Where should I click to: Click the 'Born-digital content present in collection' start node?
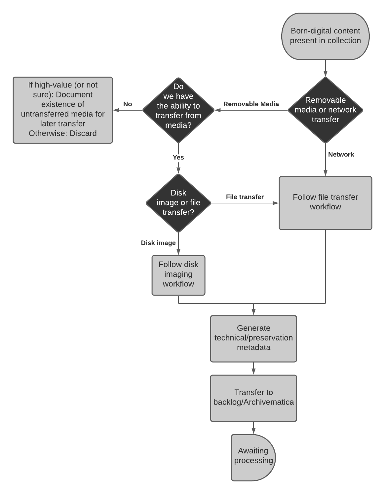tap(325, 36)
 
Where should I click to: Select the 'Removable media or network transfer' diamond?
tap(325, 110)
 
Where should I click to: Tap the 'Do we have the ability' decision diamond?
tap(178, 110)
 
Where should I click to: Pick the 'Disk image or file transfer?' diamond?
tap(178, 203)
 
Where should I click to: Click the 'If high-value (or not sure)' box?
tap(63, 110)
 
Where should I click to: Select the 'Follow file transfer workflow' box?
tap(325, 203)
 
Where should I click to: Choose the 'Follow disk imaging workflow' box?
tap(178, 275)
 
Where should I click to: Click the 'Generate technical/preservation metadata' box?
tap(253, 338)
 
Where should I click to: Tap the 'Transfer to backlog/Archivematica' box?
tap(253, 398)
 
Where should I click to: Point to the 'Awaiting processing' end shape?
tap(253, 457)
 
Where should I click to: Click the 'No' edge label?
tap(128, 104)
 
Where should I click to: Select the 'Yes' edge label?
tap(178, 157)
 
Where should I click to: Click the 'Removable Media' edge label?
tap(251, 104)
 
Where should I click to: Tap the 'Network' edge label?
tap(341, 154)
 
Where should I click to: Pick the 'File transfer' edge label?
tap(245, 197)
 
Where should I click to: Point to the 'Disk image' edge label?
tap(158, 243)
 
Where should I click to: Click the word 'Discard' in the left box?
tap(83, 133)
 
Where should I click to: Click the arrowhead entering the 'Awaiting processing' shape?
tap(253, 431)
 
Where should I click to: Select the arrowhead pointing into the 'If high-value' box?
tap(116, 110)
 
